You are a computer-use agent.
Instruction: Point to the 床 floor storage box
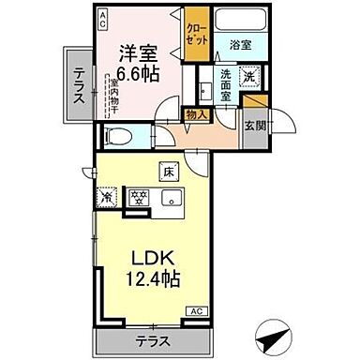pos(170,171)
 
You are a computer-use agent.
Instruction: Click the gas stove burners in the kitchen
pos(137,197)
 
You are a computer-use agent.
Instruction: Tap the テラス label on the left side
pos(78,82)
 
